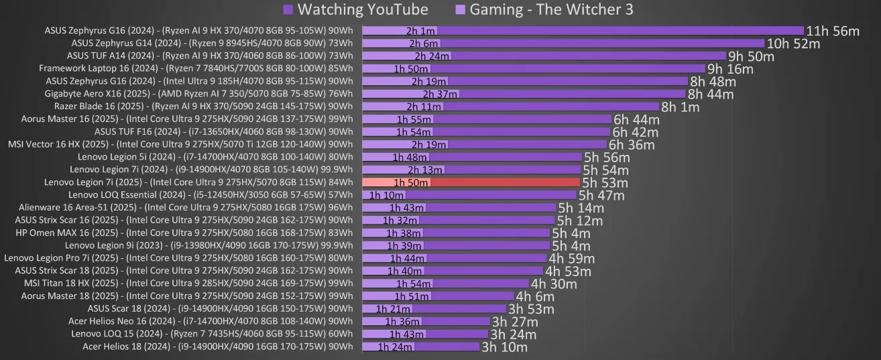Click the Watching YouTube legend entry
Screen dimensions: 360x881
[355, 9]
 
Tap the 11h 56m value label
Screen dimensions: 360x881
[833, 31]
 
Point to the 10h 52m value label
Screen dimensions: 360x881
[793, 44]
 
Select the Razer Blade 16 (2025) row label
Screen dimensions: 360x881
[203, 106]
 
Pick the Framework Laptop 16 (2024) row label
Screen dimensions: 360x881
[196, 68]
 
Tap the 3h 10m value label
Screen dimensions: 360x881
[505, 347]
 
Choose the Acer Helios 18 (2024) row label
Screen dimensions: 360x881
[217, 347]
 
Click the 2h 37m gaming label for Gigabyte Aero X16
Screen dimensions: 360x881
[440, 94]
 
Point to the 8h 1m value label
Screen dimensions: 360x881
[680, 107]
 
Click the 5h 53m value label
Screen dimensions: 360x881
[605, 182]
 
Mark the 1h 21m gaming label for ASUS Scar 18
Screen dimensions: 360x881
[393, 309]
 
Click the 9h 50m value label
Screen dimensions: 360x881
[751, 56]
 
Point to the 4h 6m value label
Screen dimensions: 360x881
[535, 296]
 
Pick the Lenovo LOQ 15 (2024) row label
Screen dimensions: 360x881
[212, 334]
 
